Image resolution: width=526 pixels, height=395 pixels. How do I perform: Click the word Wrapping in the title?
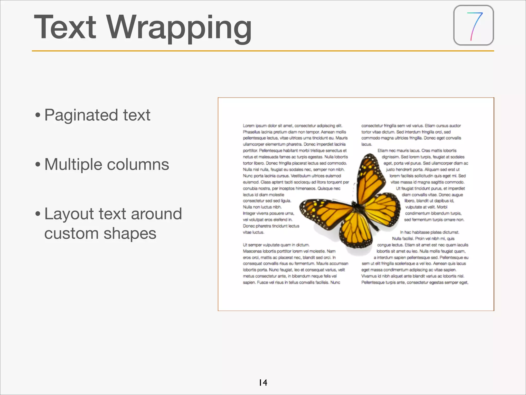coord(179,28)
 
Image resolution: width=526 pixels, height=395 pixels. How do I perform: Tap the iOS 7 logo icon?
coord(473,25)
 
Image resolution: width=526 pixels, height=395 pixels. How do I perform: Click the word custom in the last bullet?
coord(71,234)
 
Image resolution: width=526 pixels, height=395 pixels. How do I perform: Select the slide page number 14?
coord(263,383)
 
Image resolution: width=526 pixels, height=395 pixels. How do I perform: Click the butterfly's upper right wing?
coord(370,177)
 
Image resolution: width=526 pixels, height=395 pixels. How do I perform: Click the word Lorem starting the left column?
coord(249,126)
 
